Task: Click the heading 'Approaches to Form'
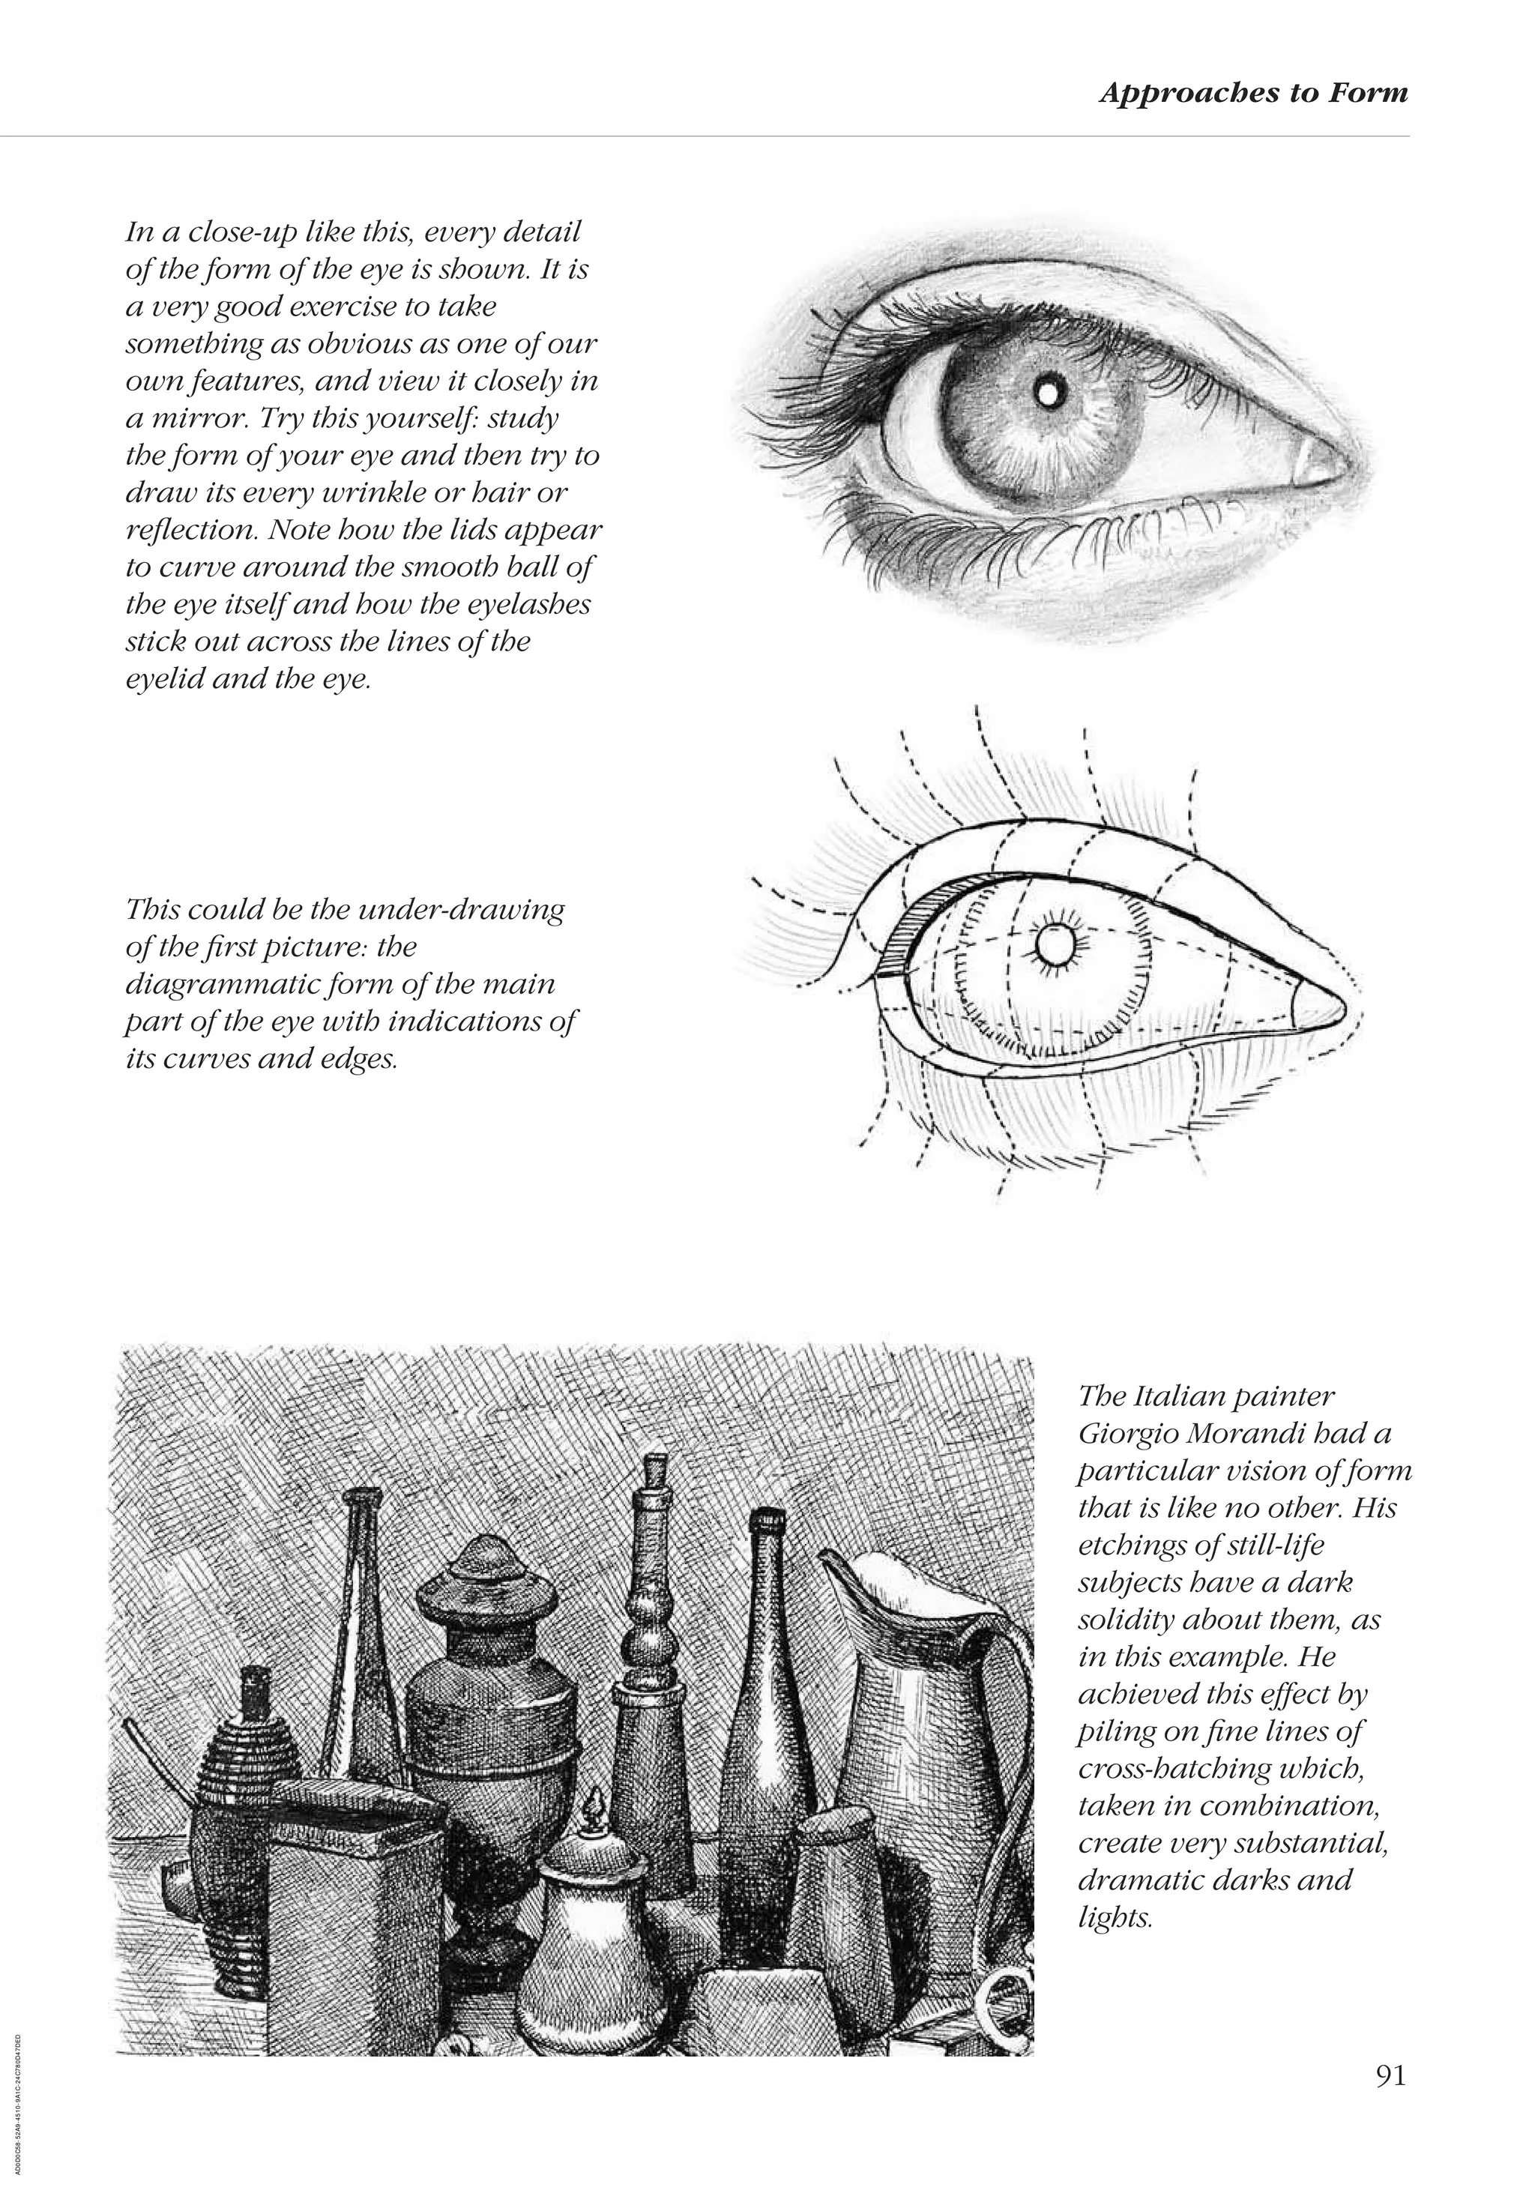[x=1252, y=94]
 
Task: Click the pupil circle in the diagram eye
[x=1055, y=946]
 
